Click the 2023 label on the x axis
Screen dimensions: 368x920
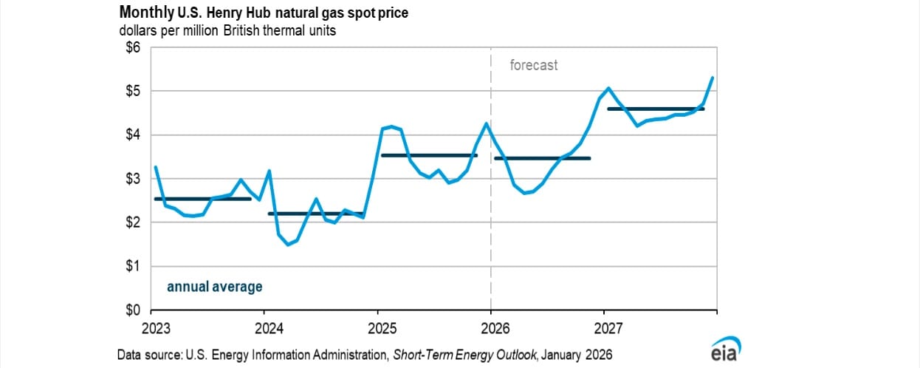click(151, 326)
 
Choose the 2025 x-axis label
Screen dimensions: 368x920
click(379, 326)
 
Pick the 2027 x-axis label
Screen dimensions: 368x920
click(606, 326)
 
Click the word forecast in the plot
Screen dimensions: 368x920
click(534, 65)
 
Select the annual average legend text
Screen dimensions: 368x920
click(214, 287)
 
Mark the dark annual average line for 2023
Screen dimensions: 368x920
click(203, 199)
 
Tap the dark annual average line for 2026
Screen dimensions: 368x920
click(543, 158)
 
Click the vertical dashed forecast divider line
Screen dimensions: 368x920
click(492, 222)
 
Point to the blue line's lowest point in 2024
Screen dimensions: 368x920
click(288, 244)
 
